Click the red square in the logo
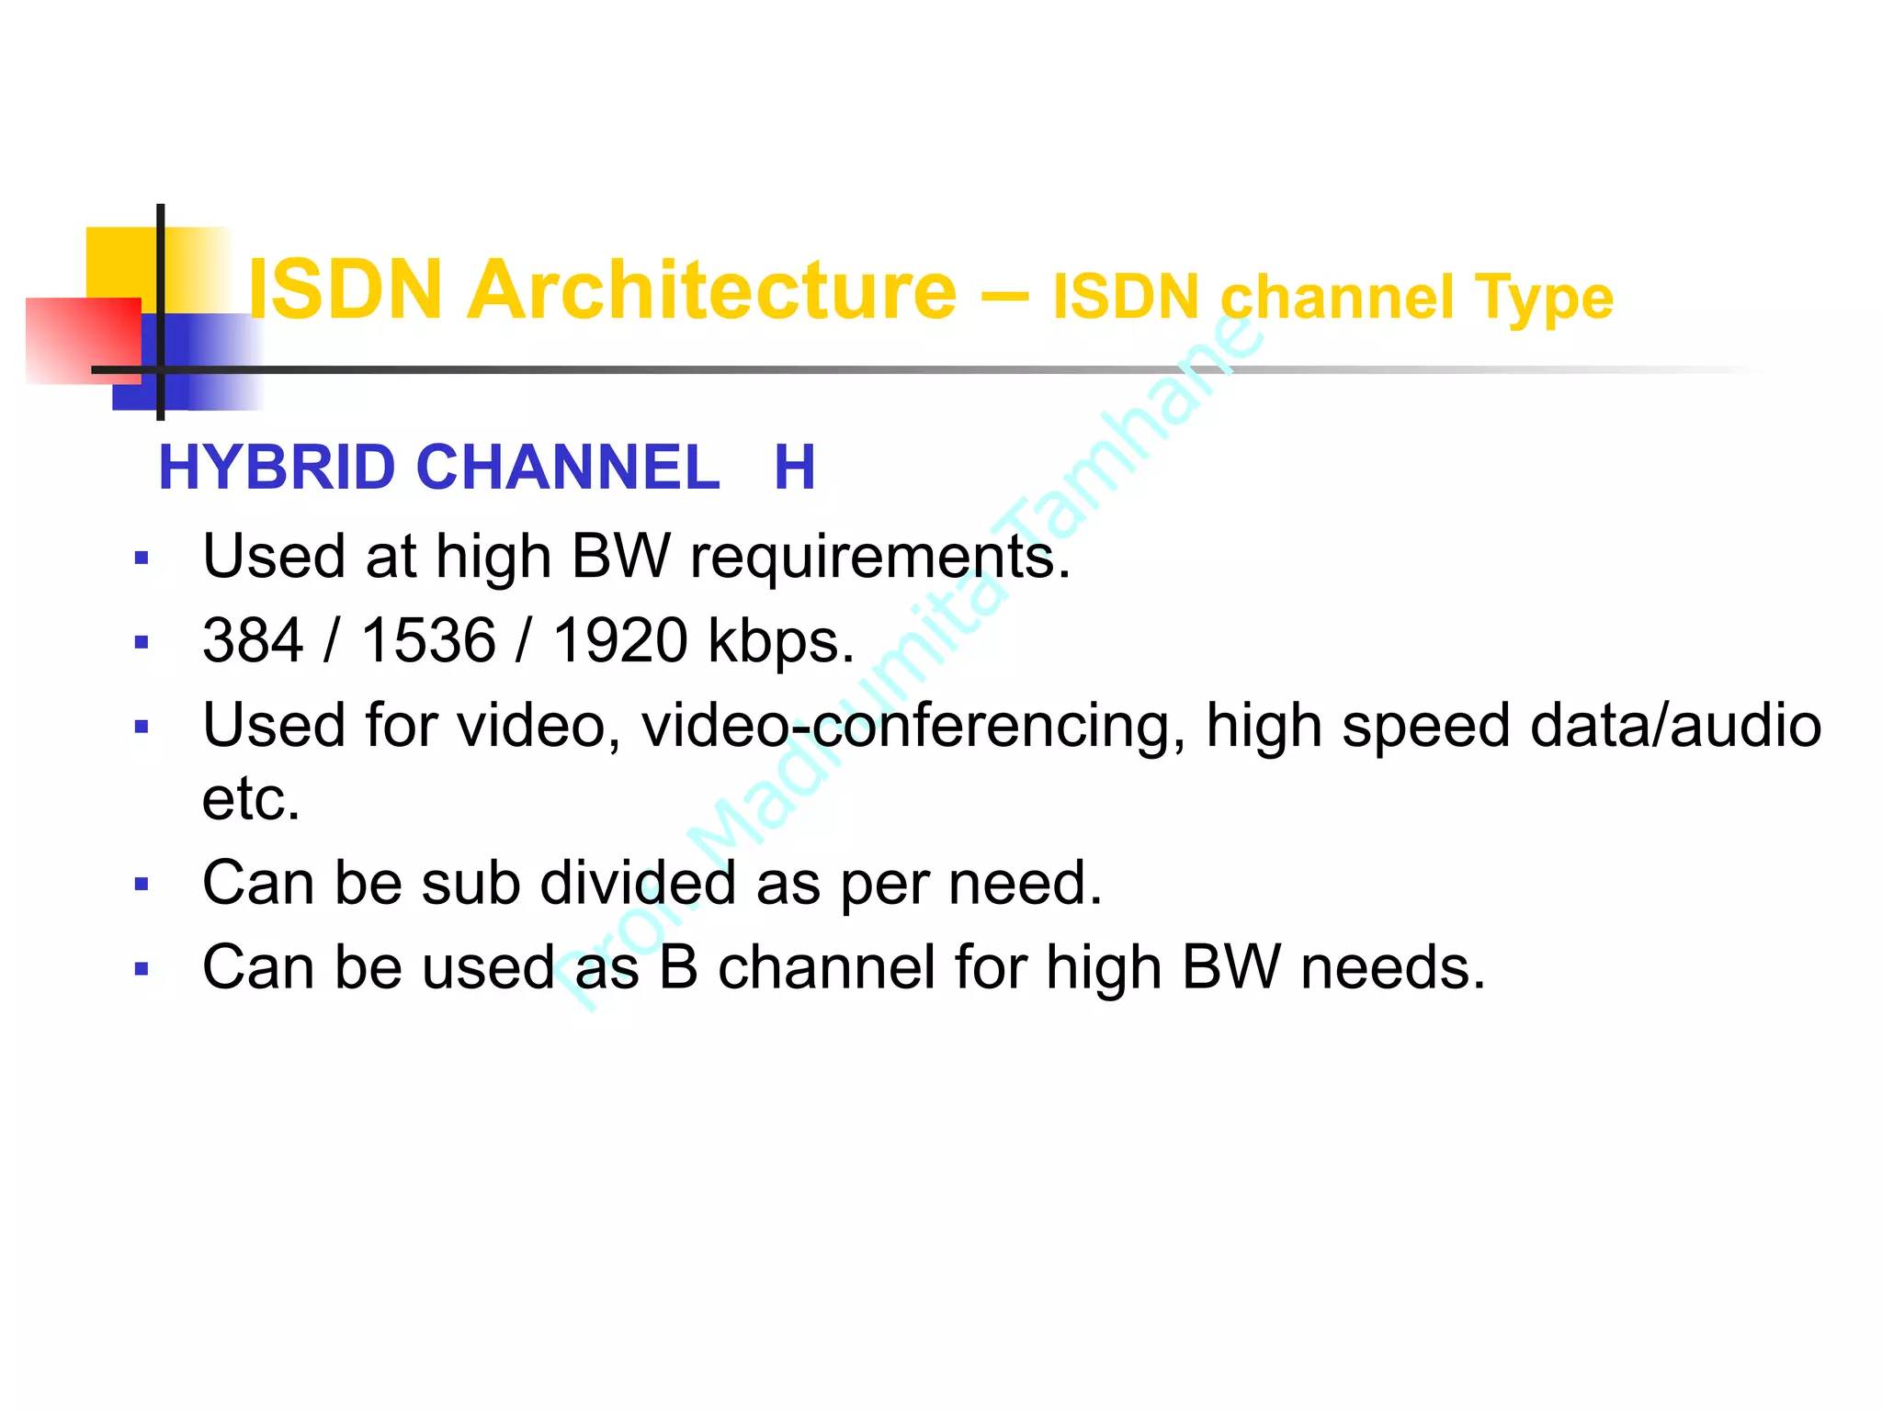(83, 339)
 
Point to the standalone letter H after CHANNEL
(794, 468)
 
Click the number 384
(253, 640)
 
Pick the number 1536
(428, 640)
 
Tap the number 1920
(620, 640)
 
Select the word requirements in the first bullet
(879, 559)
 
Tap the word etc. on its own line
(251, 799)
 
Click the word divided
(638, 884)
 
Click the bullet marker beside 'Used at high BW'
(142, 559)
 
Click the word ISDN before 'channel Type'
(1126, 299)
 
